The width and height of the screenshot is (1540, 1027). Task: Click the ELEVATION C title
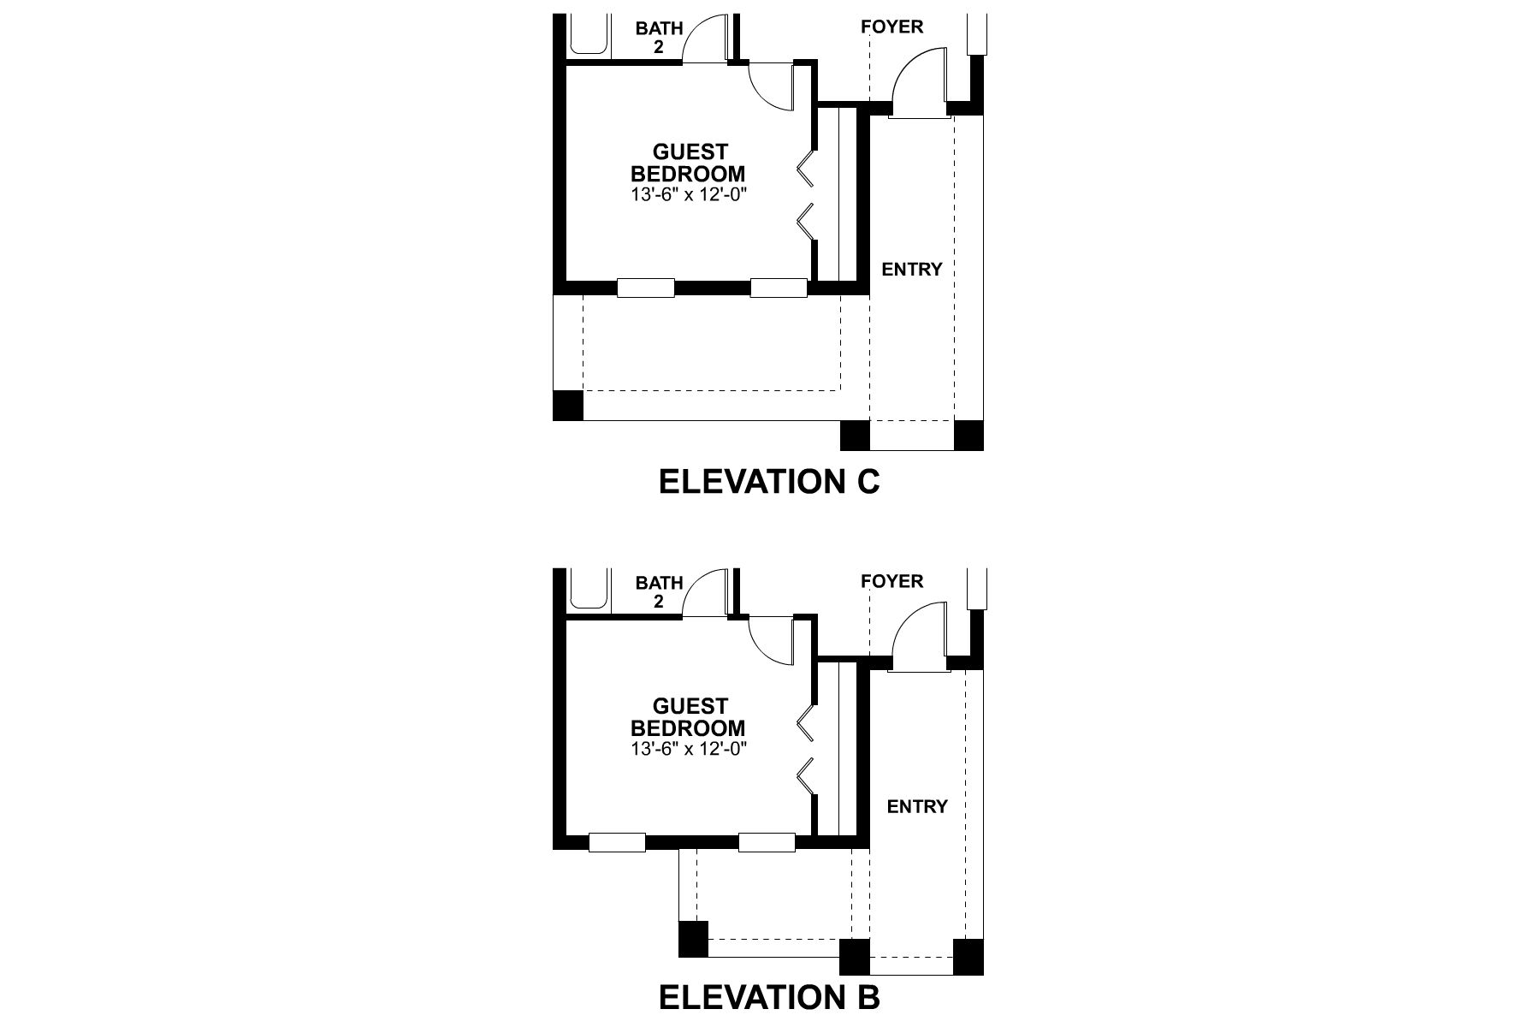769,482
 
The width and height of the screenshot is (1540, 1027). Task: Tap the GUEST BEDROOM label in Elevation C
688,163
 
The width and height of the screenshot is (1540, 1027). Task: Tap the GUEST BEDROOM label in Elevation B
688,718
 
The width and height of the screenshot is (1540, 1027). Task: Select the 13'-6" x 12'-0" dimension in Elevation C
689,195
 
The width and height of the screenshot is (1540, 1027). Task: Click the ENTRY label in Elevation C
911,270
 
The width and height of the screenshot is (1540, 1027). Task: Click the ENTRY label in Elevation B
916,807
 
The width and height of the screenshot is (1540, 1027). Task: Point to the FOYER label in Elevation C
891,27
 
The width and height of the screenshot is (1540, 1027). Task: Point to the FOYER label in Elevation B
891,582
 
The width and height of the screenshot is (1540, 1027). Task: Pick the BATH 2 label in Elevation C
659,38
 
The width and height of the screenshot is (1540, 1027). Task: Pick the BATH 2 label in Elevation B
659,592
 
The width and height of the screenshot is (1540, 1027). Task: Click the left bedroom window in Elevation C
645,288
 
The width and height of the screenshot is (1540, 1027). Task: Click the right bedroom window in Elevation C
779,288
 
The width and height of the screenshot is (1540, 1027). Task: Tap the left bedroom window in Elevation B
617,843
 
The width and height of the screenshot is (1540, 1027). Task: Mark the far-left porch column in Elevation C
568,405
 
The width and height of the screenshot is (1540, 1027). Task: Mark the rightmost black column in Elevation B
968,956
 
